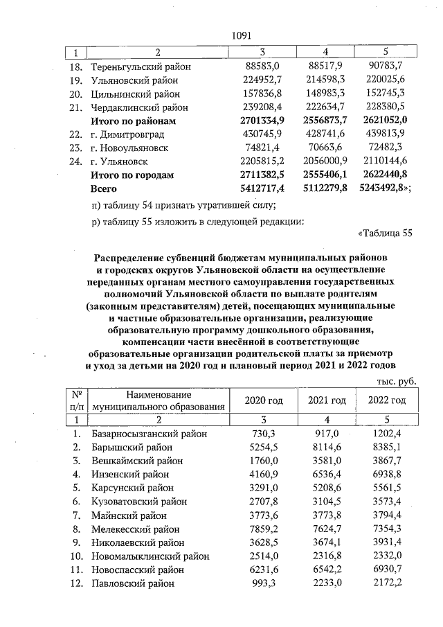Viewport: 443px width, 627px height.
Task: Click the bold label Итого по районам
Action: (133, 121)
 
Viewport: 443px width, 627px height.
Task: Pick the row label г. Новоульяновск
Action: (132, 148)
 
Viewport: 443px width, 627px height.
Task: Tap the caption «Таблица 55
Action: (386, 232)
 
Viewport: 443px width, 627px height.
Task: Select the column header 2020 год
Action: (264, 401)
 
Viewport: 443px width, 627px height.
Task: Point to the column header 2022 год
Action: (386, 401)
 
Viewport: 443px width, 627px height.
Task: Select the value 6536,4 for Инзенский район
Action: (325, 475)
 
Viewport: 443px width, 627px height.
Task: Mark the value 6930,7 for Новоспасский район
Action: (386, 569)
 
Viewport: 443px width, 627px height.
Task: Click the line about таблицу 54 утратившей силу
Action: (183, 204)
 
